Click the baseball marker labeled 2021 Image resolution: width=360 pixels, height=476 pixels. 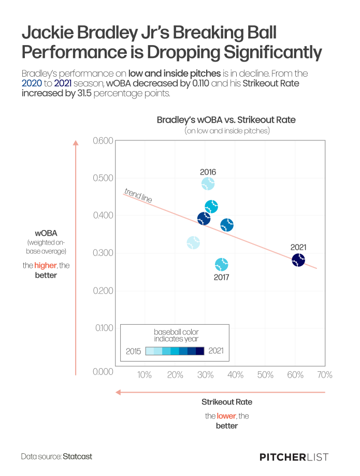point(298,260)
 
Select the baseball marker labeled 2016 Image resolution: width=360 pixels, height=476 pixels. point(208,183)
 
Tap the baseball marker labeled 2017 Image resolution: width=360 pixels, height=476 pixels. point(222,265)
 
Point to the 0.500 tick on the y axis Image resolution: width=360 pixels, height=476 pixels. point(103,178)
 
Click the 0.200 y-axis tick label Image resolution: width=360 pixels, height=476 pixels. point(103,291)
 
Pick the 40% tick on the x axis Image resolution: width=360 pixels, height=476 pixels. point(236,375)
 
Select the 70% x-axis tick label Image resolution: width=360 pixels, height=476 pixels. point(325,375)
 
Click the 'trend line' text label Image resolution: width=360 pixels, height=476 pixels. point(138,195)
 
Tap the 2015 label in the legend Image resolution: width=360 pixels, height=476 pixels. point(134,351)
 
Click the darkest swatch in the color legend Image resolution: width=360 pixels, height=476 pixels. point(200,351)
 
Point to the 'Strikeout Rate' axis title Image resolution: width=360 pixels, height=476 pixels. point(227,402)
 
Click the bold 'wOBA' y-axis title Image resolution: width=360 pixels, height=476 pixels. point(46,233)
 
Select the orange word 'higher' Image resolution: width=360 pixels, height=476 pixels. point(45,265)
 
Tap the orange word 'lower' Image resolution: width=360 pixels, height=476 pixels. point(226,416)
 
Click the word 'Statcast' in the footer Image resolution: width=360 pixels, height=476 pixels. point(77,456)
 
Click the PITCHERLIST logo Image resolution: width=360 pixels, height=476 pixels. point(294,457)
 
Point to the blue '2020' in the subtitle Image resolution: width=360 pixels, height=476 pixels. point(32,83)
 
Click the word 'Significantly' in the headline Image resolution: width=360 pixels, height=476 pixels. point(272,52)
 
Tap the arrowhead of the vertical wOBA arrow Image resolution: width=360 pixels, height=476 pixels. point(76,142)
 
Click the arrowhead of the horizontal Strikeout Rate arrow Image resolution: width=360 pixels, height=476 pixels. point(119,392)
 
